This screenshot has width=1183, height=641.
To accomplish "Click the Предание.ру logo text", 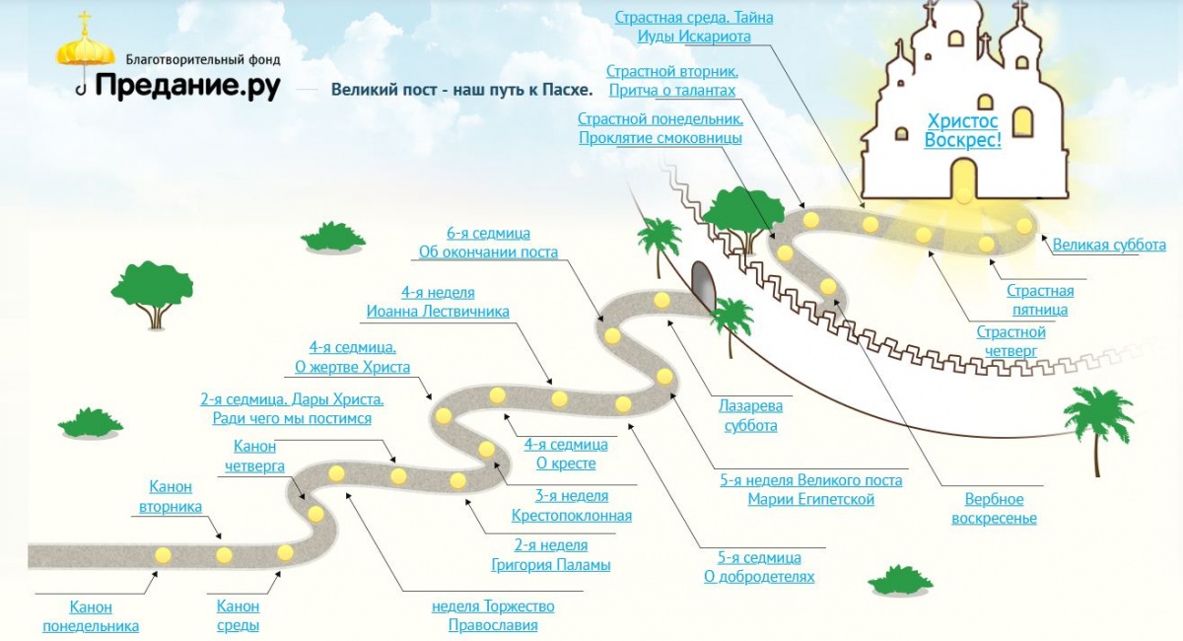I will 187,86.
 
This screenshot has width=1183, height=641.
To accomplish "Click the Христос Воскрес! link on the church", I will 962,130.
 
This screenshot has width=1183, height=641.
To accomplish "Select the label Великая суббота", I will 1109,245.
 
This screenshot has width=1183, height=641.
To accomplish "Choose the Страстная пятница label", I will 1040,300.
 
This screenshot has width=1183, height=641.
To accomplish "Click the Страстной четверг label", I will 1010,341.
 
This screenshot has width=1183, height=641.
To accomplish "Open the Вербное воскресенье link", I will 994,509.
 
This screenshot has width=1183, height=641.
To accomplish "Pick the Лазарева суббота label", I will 751,415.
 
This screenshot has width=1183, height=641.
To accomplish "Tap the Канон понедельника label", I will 91,616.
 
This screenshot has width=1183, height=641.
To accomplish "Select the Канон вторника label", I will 171,496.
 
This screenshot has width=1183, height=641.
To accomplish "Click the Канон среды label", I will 238,616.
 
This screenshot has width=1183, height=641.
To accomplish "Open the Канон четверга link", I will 254,457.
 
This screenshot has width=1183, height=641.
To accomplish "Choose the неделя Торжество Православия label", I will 493,615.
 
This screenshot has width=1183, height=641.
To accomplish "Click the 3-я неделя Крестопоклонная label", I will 572,505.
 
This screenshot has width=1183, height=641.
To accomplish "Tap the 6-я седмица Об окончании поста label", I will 488,243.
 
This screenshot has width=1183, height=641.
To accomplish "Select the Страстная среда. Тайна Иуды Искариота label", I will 694,27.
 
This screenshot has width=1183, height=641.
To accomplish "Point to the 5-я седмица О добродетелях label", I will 759,567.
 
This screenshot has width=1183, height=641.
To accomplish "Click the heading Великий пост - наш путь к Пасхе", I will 461,90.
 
